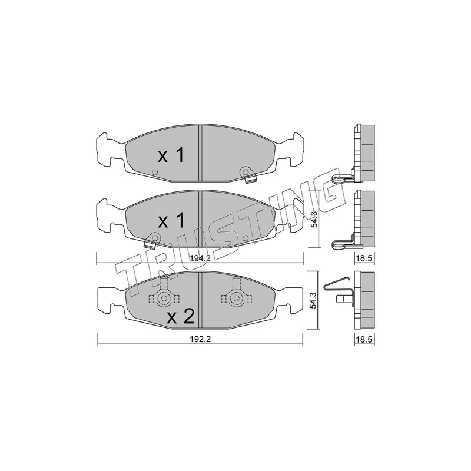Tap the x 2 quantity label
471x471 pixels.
pos(181,317)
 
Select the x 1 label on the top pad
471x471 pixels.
pos(171,155)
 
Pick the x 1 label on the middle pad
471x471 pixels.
pos(171,221)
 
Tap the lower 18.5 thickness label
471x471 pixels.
pos(364,340)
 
